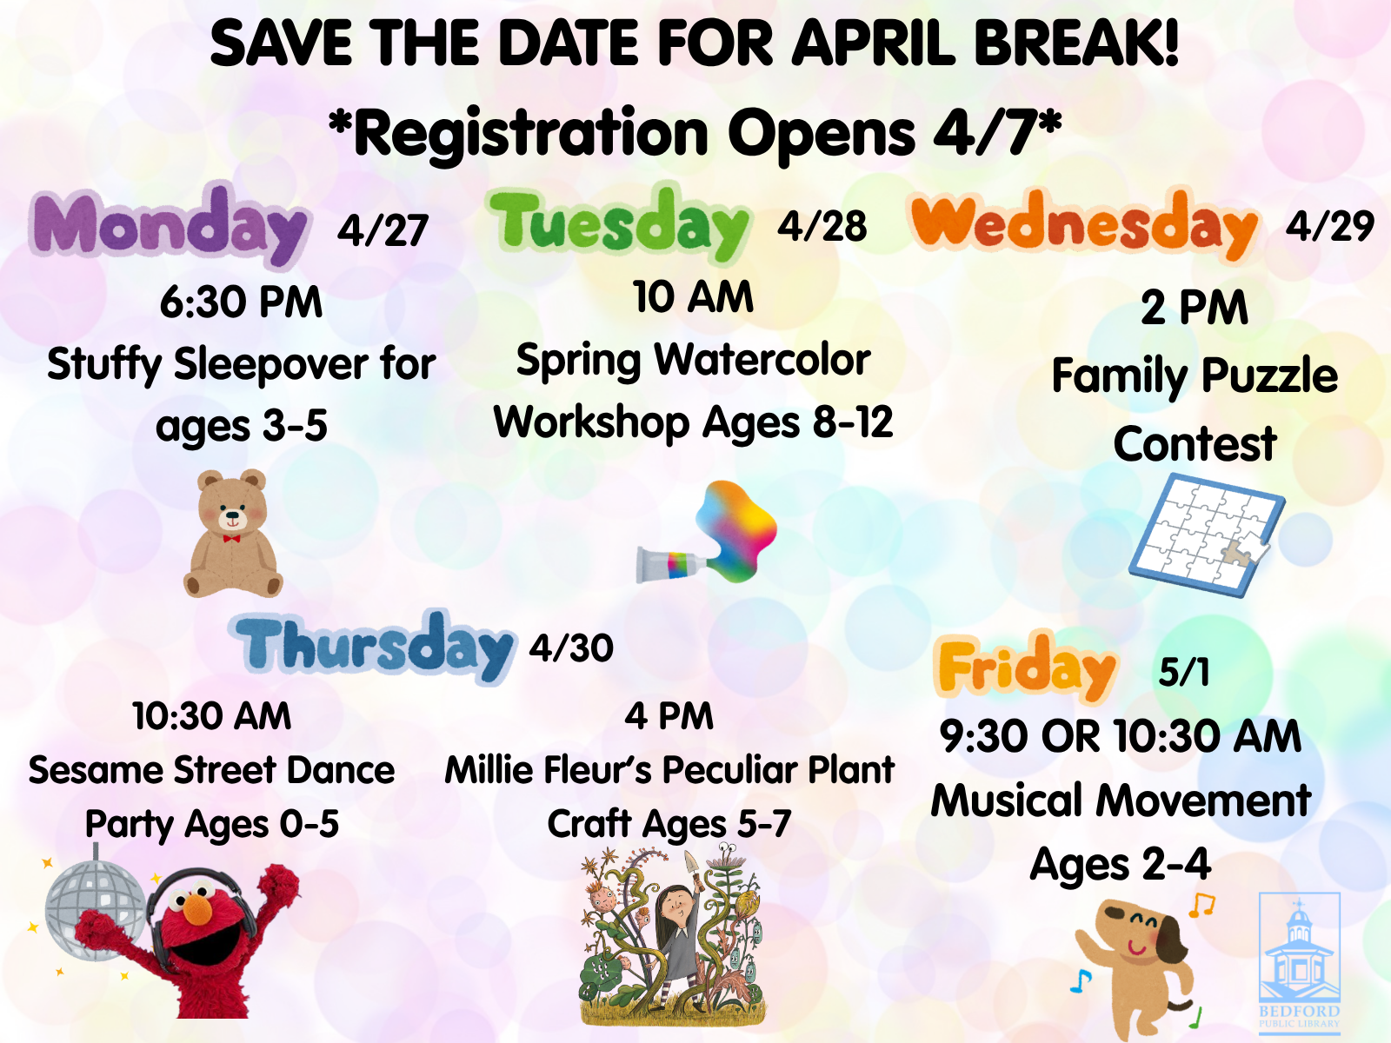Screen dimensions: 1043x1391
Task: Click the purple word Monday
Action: tap(170, 225)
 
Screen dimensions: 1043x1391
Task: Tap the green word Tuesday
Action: tap(619, 223)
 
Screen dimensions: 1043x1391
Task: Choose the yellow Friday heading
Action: tap(1027, 668)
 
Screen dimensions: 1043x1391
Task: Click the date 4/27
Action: tap(383, 231)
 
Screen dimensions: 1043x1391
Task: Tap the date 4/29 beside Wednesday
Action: tap(1330, 227)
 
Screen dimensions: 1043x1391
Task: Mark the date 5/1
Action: tap(1184, 672)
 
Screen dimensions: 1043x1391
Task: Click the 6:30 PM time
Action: tap(241, 302)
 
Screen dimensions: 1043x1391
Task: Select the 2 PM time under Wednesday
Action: tap(1195, 308)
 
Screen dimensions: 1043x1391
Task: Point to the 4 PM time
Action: tap(669, 716)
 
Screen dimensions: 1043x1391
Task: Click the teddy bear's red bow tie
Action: tap(231, 538)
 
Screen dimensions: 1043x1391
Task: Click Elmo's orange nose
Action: tap(199, 910)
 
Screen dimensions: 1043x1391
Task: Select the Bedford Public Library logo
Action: tap(1300, 960)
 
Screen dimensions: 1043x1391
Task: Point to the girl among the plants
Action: tap(674, 930)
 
